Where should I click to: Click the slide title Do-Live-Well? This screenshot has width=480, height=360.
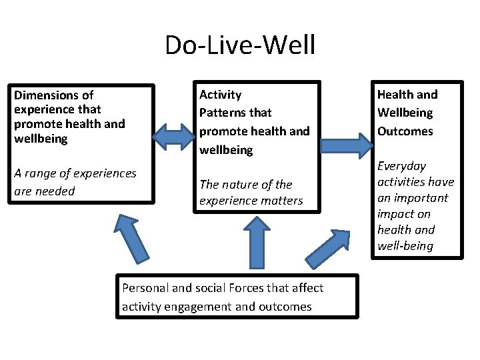point(240,45)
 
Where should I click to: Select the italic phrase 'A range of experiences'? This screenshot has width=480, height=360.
point(75,173)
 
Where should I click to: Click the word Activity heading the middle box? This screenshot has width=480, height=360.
point(221,95)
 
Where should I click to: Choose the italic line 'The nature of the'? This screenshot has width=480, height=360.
point(245,185)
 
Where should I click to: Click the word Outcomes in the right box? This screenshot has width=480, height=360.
point(405,131)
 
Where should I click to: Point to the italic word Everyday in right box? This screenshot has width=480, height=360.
point(401,166)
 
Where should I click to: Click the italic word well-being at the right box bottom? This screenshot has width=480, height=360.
point(405,246)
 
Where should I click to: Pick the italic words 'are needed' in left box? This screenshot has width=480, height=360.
point(44,191)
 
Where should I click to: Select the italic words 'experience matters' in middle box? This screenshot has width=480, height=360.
point(251,201)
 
